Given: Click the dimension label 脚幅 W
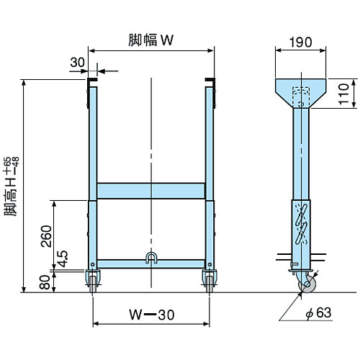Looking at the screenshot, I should [152, 40].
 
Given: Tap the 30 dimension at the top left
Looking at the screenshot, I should [78, 63].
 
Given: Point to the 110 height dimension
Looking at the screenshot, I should [344, 93].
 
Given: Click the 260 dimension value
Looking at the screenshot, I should [47, 235].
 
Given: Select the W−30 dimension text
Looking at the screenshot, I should [152, 315].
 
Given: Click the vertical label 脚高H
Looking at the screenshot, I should [10, 198].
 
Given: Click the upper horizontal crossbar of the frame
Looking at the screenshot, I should [151, 191].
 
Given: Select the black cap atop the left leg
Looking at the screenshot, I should [91, 81].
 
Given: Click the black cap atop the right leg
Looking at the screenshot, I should [210, 81].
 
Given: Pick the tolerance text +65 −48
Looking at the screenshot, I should [10, 169].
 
